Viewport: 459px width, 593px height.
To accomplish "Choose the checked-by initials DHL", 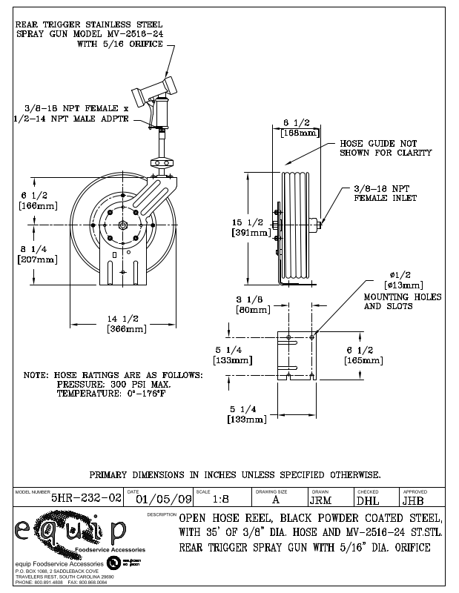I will click(x=369, y=500).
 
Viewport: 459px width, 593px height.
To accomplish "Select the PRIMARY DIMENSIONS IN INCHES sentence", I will click(x=235, y=474).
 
